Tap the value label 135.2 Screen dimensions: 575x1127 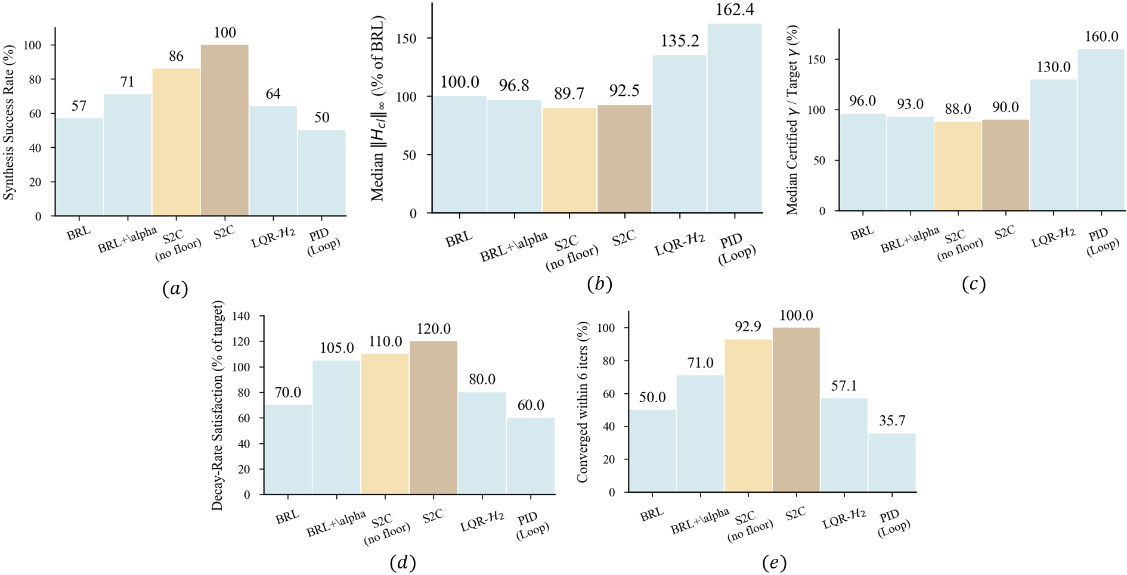(x=680, y=41)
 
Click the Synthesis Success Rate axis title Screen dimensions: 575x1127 (x=9, y=122)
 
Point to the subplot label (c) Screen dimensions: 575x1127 (x=973, y=284)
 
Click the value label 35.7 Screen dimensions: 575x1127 (x=892, y=421)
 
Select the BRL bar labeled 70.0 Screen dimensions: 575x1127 (x=288, y=449)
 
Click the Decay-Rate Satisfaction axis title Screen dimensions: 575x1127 (x=217, y=405)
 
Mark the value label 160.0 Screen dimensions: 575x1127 (x=1101, y=37)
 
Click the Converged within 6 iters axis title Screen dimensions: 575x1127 (x=583, y=402)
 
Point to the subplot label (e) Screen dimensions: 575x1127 (x=774, y=562)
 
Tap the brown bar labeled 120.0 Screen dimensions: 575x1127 (x=434, y=417)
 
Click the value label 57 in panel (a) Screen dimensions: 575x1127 (x=79, y=106)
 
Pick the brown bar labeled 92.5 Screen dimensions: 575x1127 (x=624, y=158)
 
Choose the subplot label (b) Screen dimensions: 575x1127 (x=599, y=284)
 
